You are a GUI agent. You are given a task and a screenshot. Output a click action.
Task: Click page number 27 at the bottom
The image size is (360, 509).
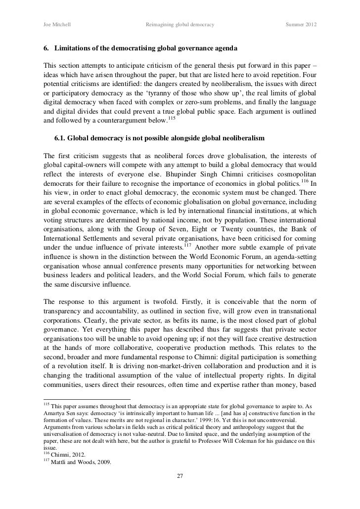coord(180,476)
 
